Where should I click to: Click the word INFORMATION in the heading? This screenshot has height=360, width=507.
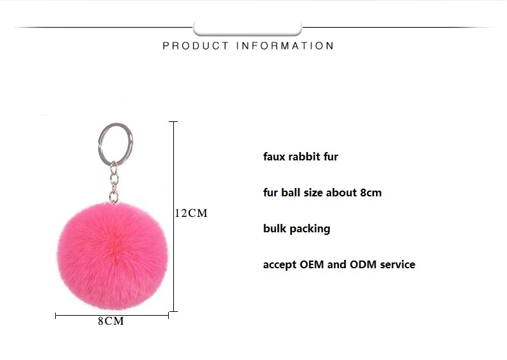coord(285,46)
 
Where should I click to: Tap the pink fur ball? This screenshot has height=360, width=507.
coord(113,254)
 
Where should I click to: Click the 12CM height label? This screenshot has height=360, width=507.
coord(192,213)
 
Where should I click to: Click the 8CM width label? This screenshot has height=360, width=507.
coord(110,321)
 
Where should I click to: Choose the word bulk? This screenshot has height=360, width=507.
coord(275,228)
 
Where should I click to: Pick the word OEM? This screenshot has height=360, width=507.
coord(312,264)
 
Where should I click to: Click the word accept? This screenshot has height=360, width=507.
coord(280,265)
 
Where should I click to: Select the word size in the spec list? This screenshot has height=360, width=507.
coord(313,193)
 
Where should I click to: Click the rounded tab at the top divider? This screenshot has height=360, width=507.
coord(247,28)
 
